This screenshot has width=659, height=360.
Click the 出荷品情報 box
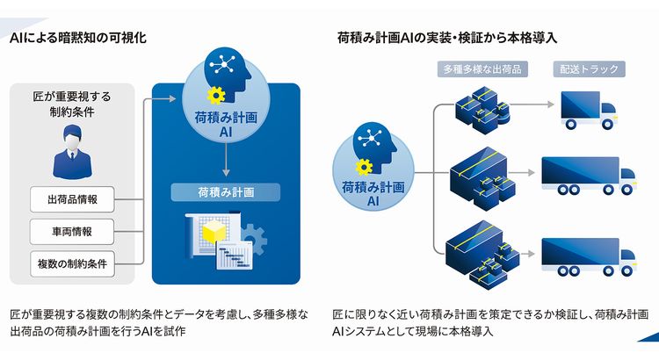(x=72, y=199)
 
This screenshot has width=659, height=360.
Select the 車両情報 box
(x=72, y=232)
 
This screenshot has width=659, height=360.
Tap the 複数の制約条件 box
(x=72, y=263)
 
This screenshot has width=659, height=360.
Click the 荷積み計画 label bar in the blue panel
(x=226, y=192)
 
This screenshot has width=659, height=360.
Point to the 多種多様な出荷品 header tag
(x=482, y=68)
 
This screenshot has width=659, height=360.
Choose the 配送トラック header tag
(x=590, y=68)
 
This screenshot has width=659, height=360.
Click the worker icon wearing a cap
(x=72, y=153)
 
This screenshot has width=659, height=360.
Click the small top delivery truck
(x=589, y=110)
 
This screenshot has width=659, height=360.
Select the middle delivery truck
(x=589, y=176)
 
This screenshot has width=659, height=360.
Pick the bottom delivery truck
(x=589, y=257)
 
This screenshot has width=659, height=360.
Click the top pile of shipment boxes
(x=482, y=110)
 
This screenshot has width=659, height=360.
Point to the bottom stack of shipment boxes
(x=482, y=253)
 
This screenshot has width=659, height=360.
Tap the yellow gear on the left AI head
(x=216, y=96)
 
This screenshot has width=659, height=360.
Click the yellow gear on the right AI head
(x=364, y=167)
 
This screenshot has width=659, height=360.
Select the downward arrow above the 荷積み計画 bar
(x=226, y=160)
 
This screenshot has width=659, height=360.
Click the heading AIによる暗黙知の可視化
(x=78, y=38)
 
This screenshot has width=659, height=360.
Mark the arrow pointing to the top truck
(x=532, y=104)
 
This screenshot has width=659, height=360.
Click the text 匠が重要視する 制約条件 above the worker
(x=72, y=104)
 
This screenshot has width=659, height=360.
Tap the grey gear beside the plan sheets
(x=254, y=240)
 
